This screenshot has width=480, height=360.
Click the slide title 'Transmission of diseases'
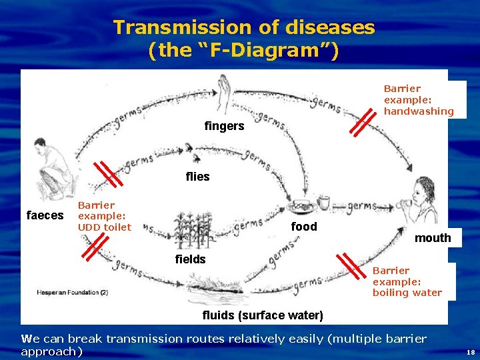[244, 28]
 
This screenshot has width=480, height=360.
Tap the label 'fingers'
[224, 126]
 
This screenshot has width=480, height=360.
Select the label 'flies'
[197, 177]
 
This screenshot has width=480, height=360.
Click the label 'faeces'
[44, 215]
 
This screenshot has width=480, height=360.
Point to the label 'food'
[304, 227]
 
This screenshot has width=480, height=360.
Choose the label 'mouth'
[433, 238]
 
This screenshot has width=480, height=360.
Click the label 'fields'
[190, 259]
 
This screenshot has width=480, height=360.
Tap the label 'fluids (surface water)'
[263, 315]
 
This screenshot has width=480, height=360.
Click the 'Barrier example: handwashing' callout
[418, 100]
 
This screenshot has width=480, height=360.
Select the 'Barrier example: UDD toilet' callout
[105, 216]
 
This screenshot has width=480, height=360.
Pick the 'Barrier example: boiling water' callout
[407, 281]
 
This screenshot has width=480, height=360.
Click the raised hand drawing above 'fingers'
[223, 93]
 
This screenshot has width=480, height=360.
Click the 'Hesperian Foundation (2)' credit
[72, 292]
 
